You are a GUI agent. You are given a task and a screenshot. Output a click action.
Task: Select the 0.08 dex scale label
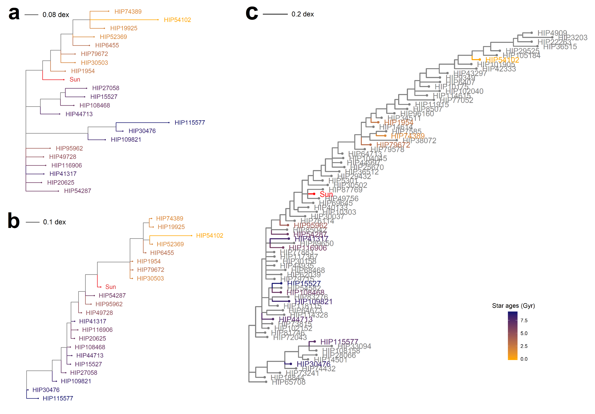(56, 15)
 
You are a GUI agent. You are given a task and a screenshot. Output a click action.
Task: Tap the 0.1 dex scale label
(54, 222)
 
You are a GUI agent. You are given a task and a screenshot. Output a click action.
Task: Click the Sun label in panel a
(75, 80)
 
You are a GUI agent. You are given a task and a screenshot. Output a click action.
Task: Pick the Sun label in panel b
(111, 287)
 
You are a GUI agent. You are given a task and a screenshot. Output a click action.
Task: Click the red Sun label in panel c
(326, 194)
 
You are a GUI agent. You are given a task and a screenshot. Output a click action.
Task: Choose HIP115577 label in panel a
(190, 123)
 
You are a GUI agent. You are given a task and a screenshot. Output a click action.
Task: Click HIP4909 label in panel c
(552, 33)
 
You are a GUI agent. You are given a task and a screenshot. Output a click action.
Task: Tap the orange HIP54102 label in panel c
(502, 60)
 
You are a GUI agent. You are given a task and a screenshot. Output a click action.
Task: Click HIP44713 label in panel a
(79, 114)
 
